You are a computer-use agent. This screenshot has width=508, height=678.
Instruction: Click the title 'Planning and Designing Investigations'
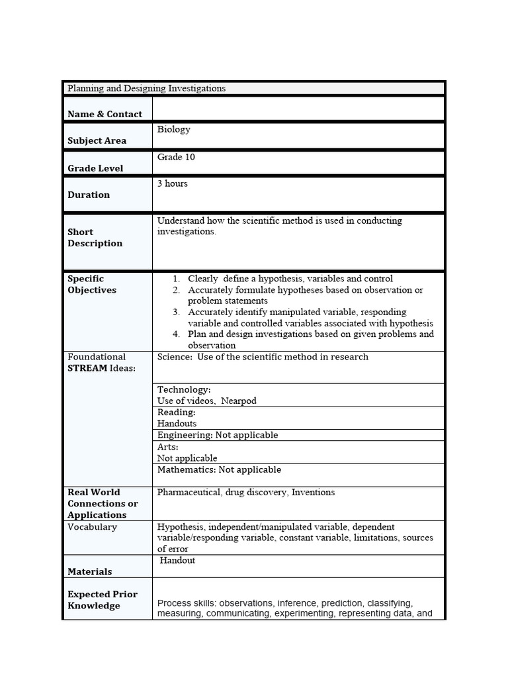146,88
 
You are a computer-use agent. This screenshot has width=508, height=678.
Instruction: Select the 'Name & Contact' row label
105,114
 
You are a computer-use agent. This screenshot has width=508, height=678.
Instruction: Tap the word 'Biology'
173,130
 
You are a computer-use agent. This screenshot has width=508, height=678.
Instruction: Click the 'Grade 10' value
176,158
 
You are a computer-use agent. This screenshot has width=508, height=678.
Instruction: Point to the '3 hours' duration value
172,183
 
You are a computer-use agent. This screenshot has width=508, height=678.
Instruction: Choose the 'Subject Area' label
97,140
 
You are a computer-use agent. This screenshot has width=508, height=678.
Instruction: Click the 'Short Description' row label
95,238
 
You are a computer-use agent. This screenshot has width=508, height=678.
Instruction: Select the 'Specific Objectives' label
91,285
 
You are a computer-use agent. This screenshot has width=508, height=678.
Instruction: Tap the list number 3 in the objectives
177,312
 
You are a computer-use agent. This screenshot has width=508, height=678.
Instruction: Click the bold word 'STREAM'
87,368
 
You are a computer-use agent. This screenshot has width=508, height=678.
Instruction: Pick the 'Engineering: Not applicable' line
218,435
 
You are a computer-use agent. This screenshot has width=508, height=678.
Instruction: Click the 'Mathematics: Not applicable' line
219,469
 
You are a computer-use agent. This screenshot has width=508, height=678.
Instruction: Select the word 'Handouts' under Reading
177,424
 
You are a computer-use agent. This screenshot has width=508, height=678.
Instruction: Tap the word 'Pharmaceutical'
189,492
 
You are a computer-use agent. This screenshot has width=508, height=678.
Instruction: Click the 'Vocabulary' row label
92,527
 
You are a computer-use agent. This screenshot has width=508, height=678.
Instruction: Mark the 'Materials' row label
89,571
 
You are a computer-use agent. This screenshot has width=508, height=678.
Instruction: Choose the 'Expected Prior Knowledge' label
102,600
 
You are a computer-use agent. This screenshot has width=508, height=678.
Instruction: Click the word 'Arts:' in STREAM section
168,447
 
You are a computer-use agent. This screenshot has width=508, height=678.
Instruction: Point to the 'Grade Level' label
95,168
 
